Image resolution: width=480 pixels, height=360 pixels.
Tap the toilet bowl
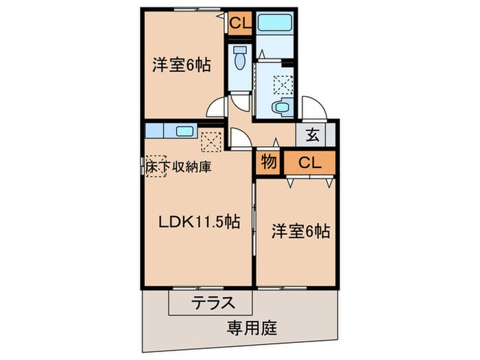tap(240, 60)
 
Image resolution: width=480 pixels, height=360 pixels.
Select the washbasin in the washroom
tap(280, 107)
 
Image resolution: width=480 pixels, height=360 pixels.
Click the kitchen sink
tap(184, 132)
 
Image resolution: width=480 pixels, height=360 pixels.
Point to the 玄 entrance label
tap(312, 134)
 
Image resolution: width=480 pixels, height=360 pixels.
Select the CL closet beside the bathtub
tap(240, 24)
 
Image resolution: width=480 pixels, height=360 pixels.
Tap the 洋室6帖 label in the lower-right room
tap(300, 231)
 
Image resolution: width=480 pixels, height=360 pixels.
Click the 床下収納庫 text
tap(178, 166)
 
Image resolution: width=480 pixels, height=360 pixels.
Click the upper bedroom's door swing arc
tap(217, 108)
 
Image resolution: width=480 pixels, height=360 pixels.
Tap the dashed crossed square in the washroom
tap(282, 84)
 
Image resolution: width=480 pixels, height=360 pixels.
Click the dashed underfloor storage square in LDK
tap(156, 165)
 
